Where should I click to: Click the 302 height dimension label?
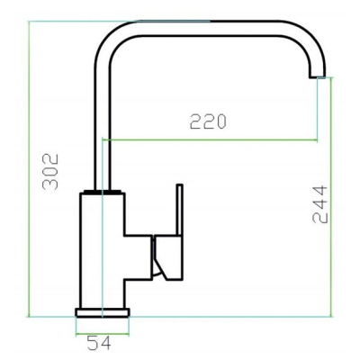50,172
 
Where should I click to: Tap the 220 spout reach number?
208,121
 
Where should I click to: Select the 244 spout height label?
319,204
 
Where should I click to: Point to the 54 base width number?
99,343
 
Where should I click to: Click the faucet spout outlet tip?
318,76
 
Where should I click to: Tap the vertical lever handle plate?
179,210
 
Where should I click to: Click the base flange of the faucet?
103,312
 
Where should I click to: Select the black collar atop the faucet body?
103,192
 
